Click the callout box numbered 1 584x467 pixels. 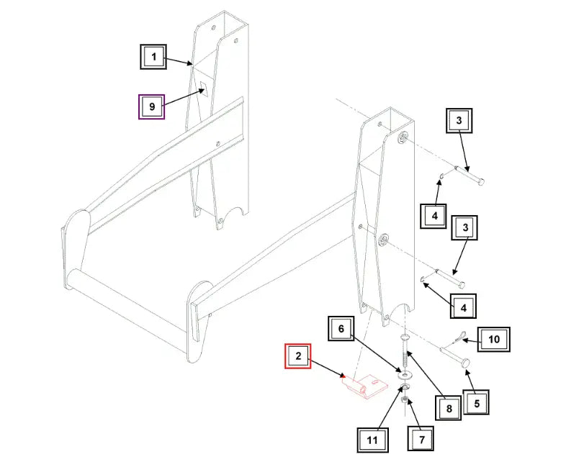coord(153,56)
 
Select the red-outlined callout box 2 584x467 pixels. coord(297,356)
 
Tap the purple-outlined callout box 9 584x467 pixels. coord(152,106)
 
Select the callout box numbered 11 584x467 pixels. coord(372,438)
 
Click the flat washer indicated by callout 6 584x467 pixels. coord(405,375)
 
